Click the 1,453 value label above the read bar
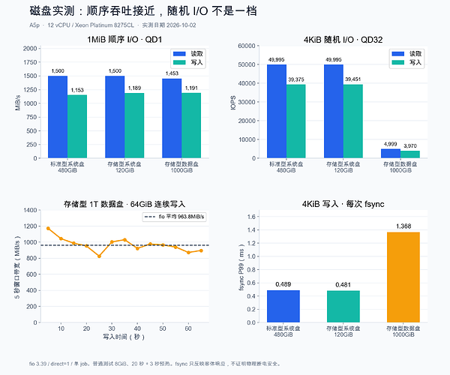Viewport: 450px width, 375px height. click(x=172, y=73)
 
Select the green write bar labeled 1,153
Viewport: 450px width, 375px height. click(x=77, y=127)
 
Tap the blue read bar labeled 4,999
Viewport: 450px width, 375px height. click(x=391, y=154)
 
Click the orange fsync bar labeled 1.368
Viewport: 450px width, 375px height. click(x=403, y=277)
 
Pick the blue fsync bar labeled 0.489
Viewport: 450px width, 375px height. click(x=283, y=307)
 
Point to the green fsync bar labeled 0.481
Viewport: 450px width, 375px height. click(x=343, y=307)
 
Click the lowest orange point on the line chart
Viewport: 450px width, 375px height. click(x=99, y=256)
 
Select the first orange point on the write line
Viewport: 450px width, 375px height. click(x=48, y=229)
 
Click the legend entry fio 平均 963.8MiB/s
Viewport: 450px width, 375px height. click(x=175, y=217)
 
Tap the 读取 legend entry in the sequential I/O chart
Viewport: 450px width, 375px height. click(x=188, y=54)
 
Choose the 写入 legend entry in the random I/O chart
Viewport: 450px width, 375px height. click(x=406, y=62)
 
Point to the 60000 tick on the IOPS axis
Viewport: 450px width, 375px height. click(x=247, y=46)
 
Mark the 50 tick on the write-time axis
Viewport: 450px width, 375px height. click(x=163, y=328)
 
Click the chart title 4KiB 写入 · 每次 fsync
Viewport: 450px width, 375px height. click(x=343, y=204)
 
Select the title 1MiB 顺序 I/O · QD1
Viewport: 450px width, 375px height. click(x=124, y=39)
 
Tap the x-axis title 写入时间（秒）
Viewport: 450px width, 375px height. click(x=124, y=337)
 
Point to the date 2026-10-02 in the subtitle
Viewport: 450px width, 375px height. click(x=181, y=25)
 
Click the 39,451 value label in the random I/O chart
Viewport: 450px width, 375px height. click(x=352, y=79)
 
